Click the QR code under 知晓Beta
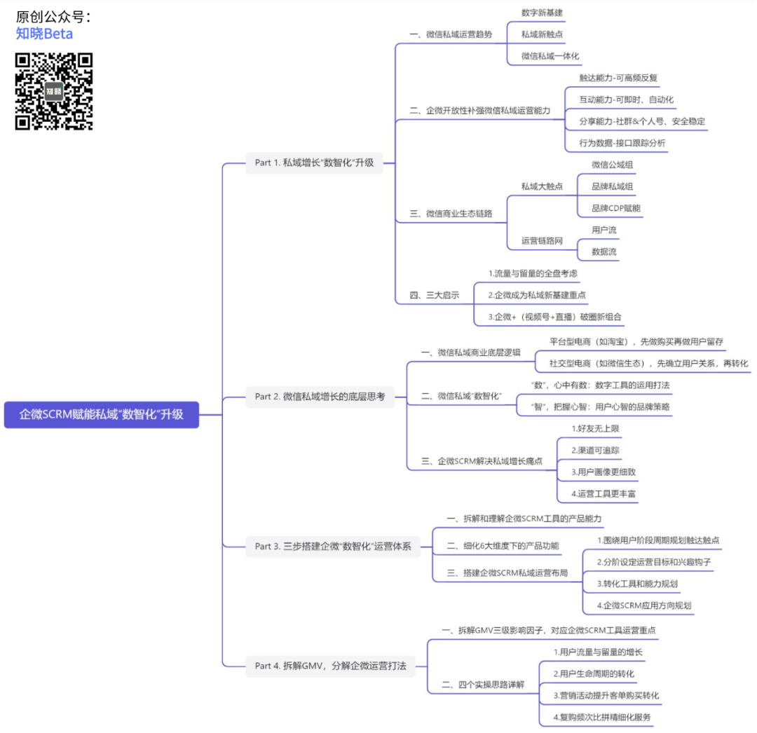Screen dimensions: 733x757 point(54,91)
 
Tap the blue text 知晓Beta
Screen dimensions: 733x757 point(44,34)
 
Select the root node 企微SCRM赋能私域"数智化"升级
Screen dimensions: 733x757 point(102,414)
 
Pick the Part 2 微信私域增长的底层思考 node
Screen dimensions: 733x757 point(320,397)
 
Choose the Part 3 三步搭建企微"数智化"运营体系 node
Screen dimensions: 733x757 point(332,546)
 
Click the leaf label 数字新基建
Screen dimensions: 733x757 point(542,13)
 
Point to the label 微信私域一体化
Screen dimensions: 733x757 point(550,55)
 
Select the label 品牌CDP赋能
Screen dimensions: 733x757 point(615,208)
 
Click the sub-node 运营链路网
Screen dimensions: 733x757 point(542,240)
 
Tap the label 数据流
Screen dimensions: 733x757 point(604,252)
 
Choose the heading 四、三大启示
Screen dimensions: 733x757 point(435,295)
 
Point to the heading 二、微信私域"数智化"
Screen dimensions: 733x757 point(462,396)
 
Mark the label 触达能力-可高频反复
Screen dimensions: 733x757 point(618,78)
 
